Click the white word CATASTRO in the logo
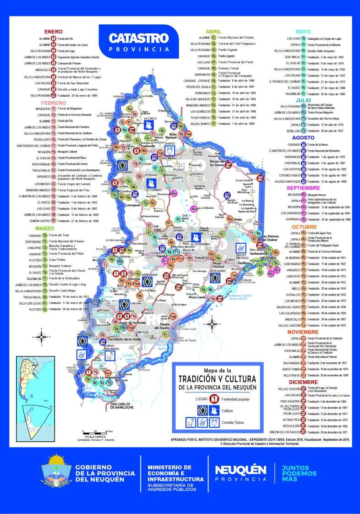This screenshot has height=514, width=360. click(x=138, y=38)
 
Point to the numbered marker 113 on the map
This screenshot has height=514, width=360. click(x=261, y=178)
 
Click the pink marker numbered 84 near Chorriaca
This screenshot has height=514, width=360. click(x=174, y=193)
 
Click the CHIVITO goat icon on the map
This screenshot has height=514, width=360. click(x=168, y=149)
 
